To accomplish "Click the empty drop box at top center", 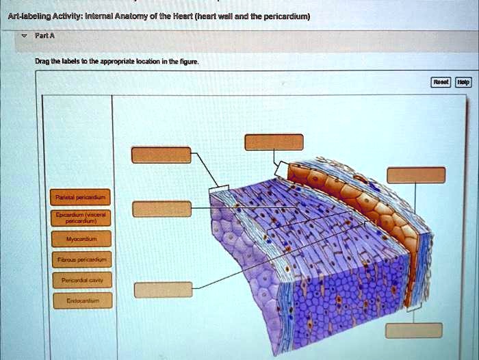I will click(274, 142).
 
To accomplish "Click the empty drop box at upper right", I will click(415, 175).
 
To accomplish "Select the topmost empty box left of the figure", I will click(161, 155).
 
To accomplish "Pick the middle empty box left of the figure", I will click(157, 209).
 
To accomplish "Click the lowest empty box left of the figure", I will click(158, 290).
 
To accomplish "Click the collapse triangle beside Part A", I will click(25, 40).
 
